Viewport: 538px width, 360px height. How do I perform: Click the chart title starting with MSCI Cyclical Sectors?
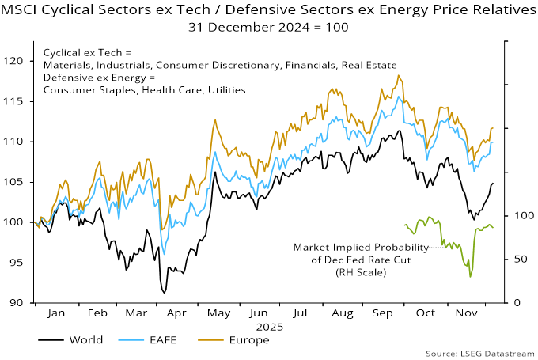click(269, 9)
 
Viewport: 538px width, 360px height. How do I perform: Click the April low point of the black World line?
click(165, 293)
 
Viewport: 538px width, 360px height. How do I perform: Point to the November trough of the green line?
click(471, 276)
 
